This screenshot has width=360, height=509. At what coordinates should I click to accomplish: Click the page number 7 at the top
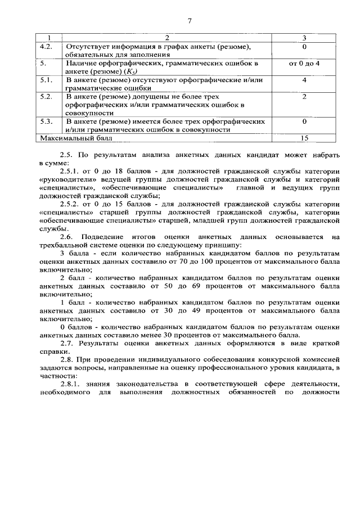tap(190, 21)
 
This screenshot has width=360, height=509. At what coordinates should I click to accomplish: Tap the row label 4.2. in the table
tap(47, 46)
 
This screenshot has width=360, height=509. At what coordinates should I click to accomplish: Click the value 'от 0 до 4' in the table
tap(304, 64)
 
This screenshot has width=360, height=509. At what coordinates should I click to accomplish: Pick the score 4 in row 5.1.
tap(304, 80)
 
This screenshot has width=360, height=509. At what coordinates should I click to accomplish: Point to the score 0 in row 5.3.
tap(304, 121)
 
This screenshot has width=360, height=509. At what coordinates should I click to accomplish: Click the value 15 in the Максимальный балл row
tap(304, 137)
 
